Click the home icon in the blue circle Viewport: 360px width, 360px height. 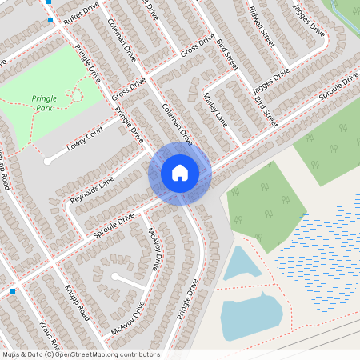click(x=179, y=173)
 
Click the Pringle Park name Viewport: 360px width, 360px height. click(x=44, y=102)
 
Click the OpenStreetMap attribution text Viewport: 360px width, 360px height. click(x=81, y=354)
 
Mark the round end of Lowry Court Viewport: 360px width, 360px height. click(x=48, y=161)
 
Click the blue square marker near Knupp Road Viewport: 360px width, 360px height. click(x=13, y=291)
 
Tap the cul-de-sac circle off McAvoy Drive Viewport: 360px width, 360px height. click(x=118, y=276)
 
